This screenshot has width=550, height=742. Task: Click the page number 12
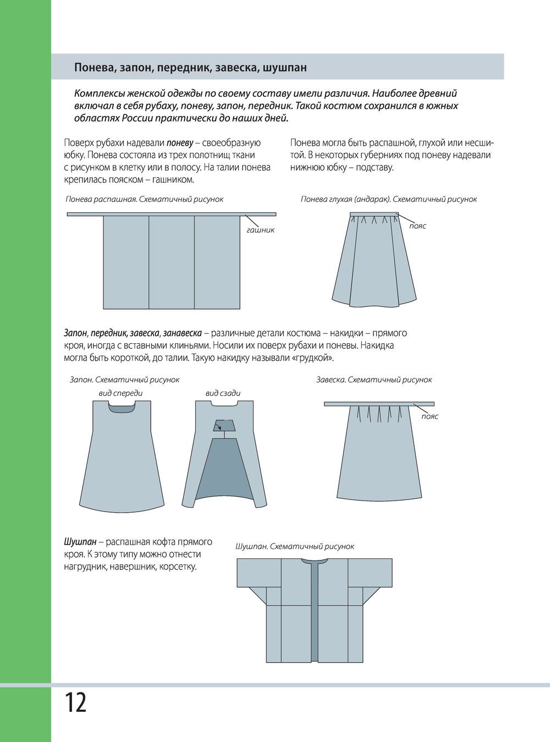tap(75, 703)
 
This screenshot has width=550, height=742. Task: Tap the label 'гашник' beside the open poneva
tap(260, 230)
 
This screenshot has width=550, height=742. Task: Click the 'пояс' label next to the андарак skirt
tap(417, 226)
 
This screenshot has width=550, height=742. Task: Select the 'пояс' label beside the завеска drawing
tap(430, 416)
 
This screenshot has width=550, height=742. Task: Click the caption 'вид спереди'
tap(120, 393)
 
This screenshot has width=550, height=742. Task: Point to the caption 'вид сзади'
tap(223, 393)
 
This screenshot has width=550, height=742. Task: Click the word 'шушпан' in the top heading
tap(285, 68)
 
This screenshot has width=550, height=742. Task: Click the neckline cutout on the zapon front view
tap(122, 407)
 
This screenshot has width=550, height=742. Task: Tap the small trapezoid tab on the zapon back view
tap(223, 425)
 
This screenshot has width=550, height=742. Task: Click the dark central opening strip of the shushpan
tap(315, 611)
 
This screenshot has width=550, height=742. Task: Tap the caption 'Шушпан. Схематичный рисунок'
tap(294, 546)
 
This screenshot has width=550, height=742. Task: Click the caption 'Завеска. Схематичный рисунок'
tap(374, 380)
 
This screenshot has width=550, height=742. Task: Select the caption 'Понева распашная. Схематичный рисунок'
tap(145, 199)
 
